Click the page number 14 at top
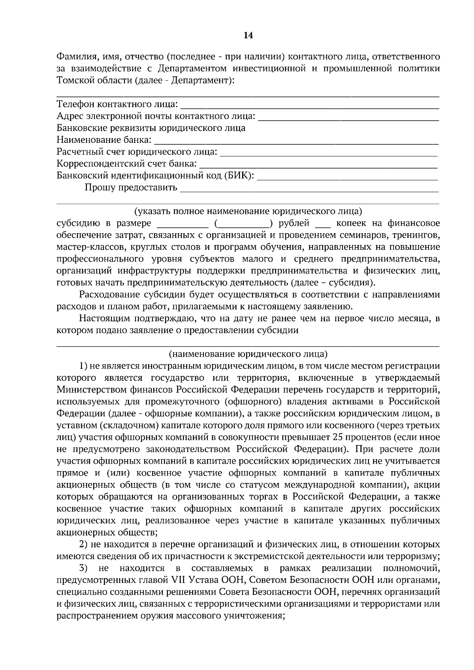[248, 36]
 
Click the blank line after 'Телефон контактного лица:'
[310, 107]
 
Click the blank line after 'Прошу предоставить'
[309, 189]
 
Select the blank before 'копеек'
[322, 226]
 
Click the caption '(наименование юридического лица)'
[248, 354]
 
